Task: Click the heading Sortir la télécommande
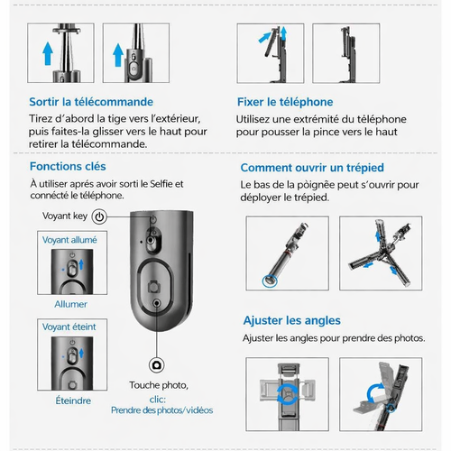coord(91,102)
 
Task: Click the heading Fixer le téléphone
coord(285,102)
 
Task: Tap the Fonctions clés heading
coord(68,166)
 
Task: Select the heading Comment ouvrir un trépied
coord(312,168)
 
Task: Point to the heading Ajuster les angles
coord(292,320)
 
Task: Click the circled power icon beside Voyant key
coord(99,216)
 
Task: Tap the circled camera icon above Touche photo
coord(156,365)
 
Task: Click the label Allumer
coord(71,304)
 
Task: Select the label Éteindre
coord(73,400)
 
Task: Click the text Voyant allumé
coord(69,240)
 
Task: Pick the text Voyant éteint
coord(69,327)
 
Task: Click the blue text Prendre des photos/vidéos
coord(161,410)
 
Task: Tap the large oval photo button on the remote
coord(155,287)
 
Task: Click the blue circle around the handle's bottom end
coord(270,281)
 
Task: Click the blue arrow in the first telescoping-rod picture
coord(48,54)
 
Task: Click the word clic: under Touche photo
coord(158,400)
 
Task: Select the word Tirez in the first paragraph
coord(41,118)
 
